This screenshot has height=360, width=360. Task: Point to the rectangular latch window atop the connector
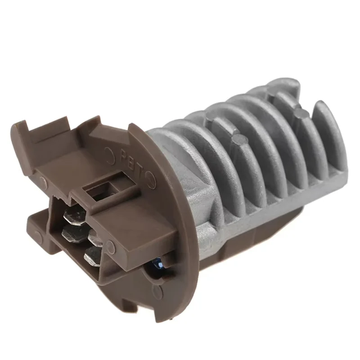[x=104, y=189]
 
